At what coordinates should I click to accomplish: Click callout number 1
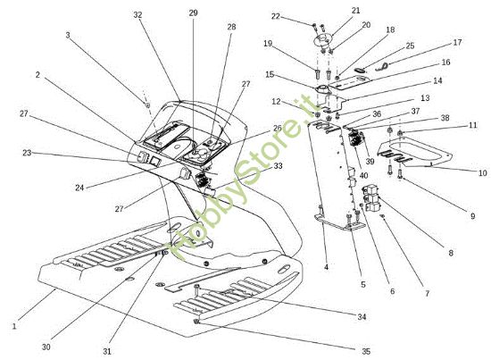pyautogui.click(x=14, y=326)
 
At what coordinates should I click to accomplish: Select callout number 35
pyautogui.click(x=366, y=351)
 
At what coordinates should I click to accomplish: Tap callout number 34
pyautogui.click(x=362, y=317)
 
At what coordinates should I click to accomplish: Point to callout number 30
pyautogui.click(x=46, y=347)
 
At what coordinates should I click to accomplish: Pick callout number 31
pyautogui.click(x=107, y=351)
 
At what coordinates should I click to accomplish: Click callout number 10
pyautogui.click(x=483, y=172)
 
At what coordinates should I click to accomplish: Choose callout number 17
pyautogui.click(x=457, y=42)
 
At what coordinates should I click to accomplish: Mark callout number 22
pyautogui.click(x=275, y=16)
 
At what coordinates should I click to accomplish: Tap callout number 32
pyautogui.click(x=137, y=14)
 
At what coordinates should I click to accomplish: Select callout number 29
pyautogui.click(x=193, y=13)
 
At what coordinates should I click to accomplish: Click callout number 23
pyautogui.click(x=28, y=153)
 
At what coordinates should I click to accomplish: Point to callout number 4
pyautogui.click(x=326, y=267)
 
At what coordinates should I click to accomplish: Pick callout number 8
pyautogui.click(x=451, y=253)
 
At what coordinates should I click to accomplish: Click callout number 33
pyautogui.click(x=278, y=166)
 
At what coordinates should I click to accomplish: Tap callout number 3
pyautogui.click(x=68, y=35)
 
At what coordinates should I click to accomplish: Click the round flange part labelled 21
pyautogui.click(x=322, y=41)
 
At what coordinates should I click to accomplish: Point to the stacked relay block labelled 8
pyautogui.click(x=371, y=197)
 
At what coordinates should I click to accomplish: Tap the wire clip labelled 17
pyautogui.click(x=383, y=66)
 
